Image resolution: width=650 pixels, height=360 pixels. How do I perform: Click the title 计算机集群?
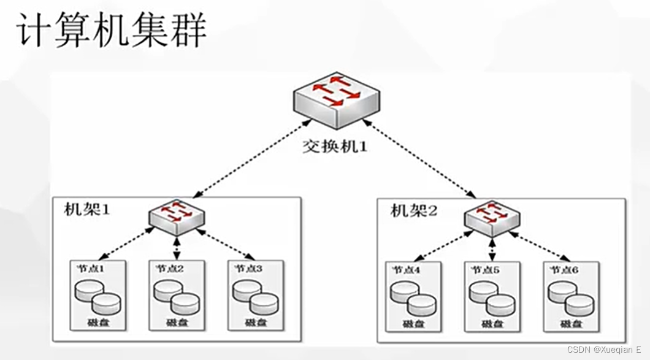tap(110, 30)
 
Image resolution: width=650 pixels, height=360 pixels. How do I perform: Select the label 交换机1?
tap(335, 147)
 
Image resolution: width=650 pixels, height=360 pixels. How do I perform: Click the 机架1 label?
tap(86, 210)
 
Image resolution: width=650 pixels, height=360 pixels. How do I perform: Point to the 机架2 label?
tap(414, 212)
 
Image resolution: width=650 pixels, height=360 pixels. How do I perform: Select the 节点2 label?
tap(170, 268)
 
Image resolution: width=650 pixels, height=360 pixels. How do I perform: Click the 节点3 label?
tap(248, 268)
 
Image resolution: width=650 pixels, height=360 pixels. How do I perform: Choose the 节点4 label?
tap(407, 270)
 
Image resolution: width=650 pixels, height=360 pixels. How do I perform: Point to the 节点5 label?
tap(486, 270)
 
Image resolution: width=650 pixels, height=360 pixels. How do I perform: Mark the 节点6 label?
tap(564, 270)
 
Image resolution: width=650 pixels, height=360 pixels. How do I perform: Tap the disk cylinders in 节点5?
tap(492, 298)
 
